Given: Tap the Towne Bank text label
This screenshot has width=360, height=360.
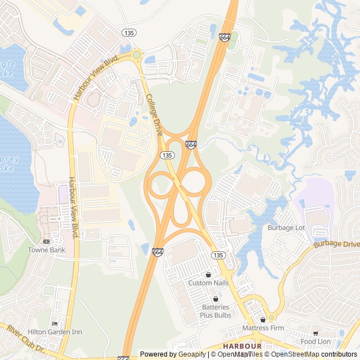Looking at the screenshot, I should [x=47, y=250].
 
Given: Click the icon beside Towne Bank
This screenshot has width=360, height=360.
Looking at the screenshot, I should [x=46, y=241].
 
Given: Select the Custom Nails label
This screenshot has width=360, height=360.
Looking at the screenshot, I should [x=209, y=283].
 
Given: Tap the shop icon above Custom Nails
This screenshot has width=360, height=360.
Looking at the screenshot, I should [x=209, y=274].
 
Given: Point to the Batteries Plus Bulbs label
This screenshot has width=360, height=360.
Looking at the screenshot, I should [x=215, y=311].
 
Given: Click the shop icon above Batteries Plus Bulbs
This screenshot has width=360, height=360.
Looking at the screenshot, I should [x=215, y=299].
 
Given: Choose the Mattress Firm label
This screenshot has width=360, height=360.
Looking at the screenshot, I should [x=260, y=327].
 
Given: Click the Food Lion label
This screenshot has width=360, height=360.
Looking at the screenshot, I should [x=316, y=341].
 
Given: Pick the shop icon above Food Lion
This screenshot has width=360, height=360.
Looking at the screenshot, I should [x=316, y=333].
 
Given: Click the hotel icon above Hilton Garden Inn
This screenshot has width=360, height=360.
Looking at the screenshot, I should [x=55, y=323].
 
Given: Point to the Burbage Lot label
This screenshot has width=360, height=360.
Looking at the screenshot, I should [x=286, y=228].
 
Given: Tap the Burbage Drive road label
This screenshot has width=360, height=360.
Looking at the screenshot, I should [x=336, y=244].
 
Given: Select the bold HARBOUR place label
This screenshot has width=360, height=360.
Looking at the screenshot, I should [x=242, y=346].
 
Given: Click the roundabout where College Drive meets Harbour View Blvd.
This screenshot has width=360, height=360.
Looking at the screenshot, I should [x=137, y=55].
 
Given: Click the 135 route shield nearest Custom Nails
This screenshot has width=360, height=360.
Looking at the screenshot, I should [x=219, y=255].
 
